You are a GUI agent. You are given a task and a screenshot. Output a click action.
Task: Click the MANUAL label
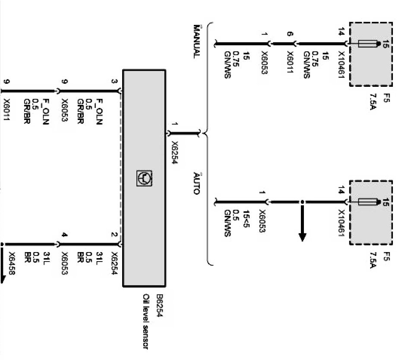click(196, 41)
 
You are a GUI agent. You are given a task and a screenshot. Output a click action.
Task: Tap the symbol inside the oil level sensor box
click(144, 177)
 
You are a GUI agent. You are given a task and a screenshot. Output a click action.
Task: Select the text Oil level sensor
click(146, 322)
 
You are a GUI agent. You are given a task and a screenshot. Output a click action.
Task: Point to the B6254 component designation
click(159, 306)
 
